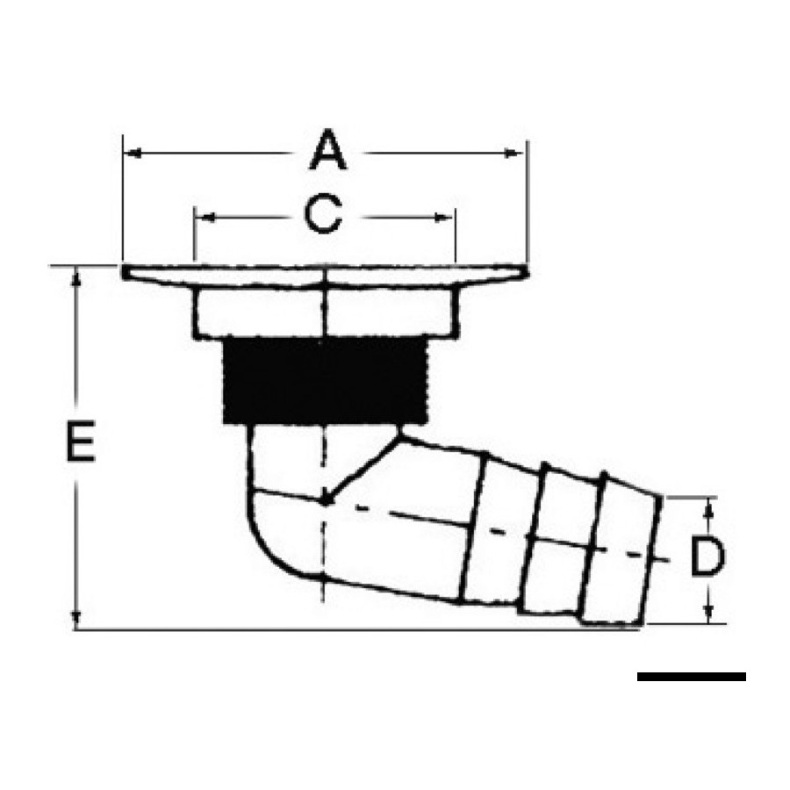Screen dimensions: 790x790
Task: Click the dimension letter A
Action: click(x=328, y=150)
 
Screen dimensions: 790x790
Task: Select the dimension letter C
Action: click(x=323, y=216)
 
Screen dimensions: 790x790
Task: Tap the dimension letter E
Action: click(x=81, y=441)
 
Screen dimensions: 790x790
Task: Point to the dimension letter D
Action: click(x=707, y=557)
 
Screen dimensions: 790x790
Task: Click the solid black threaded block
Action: click(x=325, y=380)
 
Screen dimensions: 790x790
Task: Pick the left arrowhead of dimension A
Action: click(x=133, y=153)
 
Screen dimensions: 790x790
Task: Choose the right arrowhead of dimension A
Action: click(x=513, y=153)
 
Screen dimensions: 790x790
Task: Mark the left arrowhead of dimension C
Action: click(x=205, y=218)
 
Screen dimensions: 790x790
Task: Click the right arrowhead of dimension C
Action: click(x=443, y=218)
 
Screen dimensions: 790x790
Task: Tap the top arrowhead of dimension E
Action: click(x=76, y=276)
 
